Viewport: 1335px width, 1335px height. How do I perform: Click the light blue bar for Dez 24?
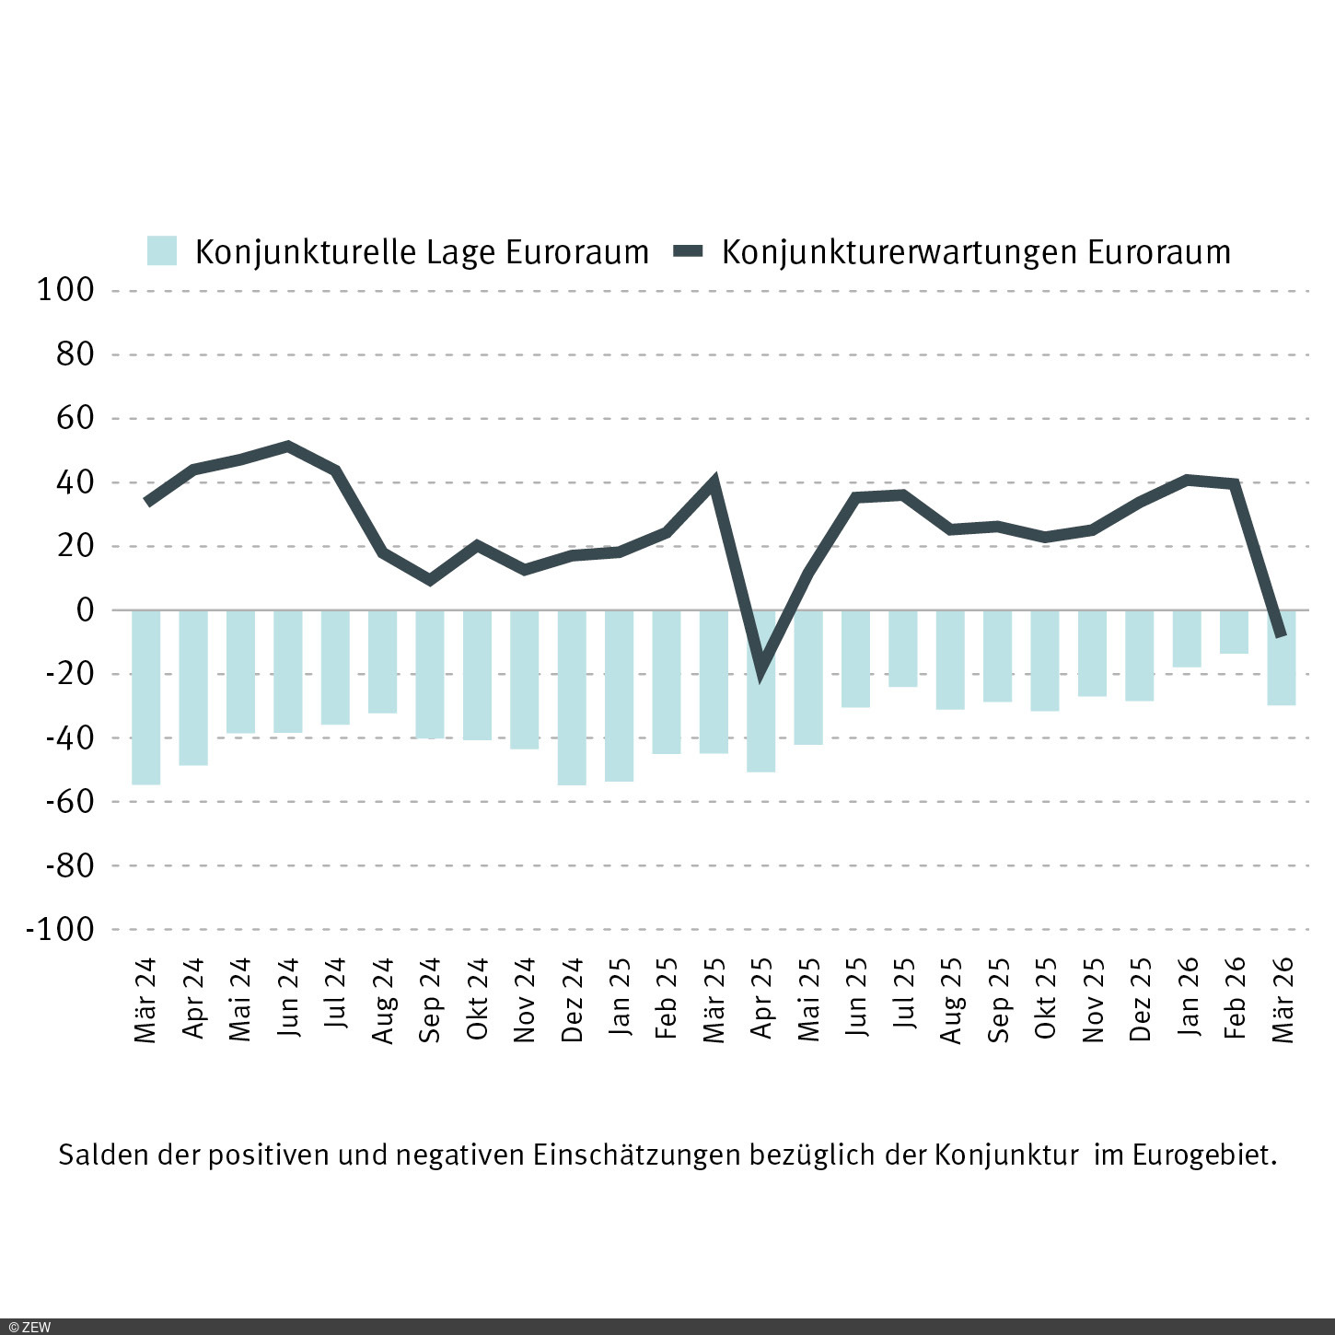572,697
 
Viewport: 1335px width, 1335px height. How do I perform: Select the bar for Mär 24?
145,697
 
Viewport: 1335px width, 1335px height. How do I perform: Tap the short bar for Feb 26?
1234,632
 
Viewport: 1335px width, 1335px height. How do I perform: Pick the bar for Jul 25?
903,648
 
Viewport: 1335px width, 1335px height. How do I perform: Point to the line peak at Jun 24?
288,447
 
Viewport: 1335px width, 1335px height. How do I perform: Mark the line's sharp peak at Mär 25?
714,481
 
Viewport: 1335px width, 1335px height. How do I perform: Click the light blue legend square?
162,251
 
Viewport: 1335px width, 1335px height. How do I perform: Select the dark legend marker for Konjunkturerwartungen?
689,251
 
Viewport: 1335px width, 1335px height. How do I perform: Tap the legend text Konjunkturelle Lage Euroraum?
422,252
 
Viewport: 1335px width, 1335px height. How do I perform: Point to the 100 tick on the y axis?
65,290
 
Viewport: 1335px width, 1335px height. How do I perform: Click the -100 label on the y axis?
61,929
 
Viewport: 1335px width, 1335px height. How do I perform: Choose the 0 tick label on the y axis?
85,609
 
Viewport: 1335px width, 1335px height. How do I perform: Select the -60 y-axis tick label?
70,801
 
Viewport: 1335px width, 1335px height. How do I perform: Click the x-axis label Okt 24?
477,999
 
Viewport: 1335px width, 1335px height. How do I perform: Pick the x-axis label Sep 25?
998,1000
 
